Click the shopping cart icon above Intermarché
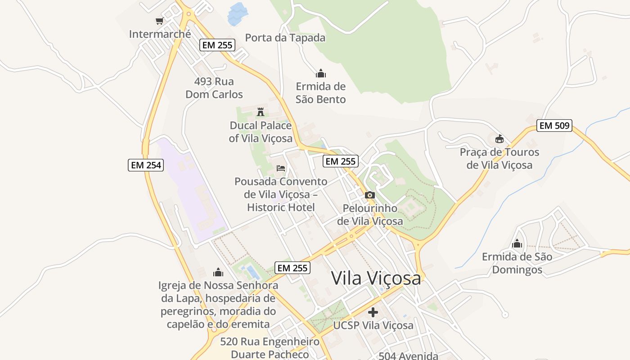point(159,21)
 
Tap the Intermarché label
point(160,34)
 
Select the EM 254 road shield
point(145,165)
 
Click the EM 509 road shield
point(554,126)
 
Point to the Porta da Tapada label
point(285,38)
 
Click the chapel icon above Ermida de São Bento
point(320,73)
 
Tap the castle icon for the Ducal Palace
point(261,112)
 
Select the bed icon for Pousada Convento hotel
point(281,168)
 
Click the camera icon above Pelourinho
point(369,195)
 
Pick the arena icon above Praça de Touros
point(499,139)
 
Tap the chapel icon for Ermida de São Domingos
point(517,243)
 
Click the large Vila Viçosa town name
point(376,278)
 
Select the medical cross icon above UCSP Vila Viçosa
point(373,312)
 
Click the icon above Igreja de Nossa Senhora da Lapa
point(218,272)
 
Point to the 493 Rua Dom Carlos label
point(214,88)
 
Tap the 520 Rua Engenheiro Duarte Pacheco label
point(270,348)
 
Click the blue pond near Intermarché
point(238,13)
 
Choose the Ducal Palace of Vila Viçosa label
point(261,132)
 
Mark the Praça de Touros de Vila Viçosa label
point(499,158)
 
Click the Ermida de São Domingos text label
point(517,263)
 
